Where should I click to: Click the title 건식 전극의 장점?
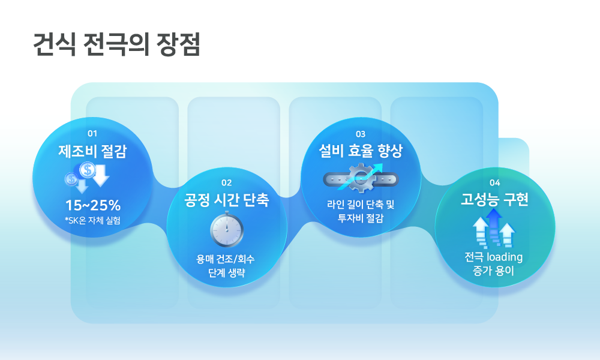117,45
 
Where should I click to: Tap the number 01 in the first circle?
92,134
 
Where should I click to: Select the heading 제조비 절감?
92,151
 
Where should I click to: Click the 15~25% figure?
93,205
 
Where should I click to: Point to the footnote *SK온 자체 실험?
92,220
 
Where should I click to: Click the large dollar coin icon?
87,170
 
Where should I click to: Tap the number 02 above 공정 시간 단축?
227,183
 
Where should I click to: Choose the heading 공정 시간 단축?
227,200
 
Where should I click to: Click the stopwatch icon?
227,230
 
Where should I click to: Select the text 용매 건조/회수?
226,259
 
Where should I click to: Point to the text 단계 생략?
227,273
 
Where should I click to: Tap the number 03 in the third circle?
361,134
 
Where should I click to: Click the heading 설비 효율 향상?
361,151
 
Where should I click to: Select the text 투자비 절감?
361,218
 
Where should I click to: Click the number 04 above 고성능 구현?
495,183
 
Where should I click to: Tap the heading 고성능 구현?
494,199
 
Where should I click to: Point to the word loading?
505,257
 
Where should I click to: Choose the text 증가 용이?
494,271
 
